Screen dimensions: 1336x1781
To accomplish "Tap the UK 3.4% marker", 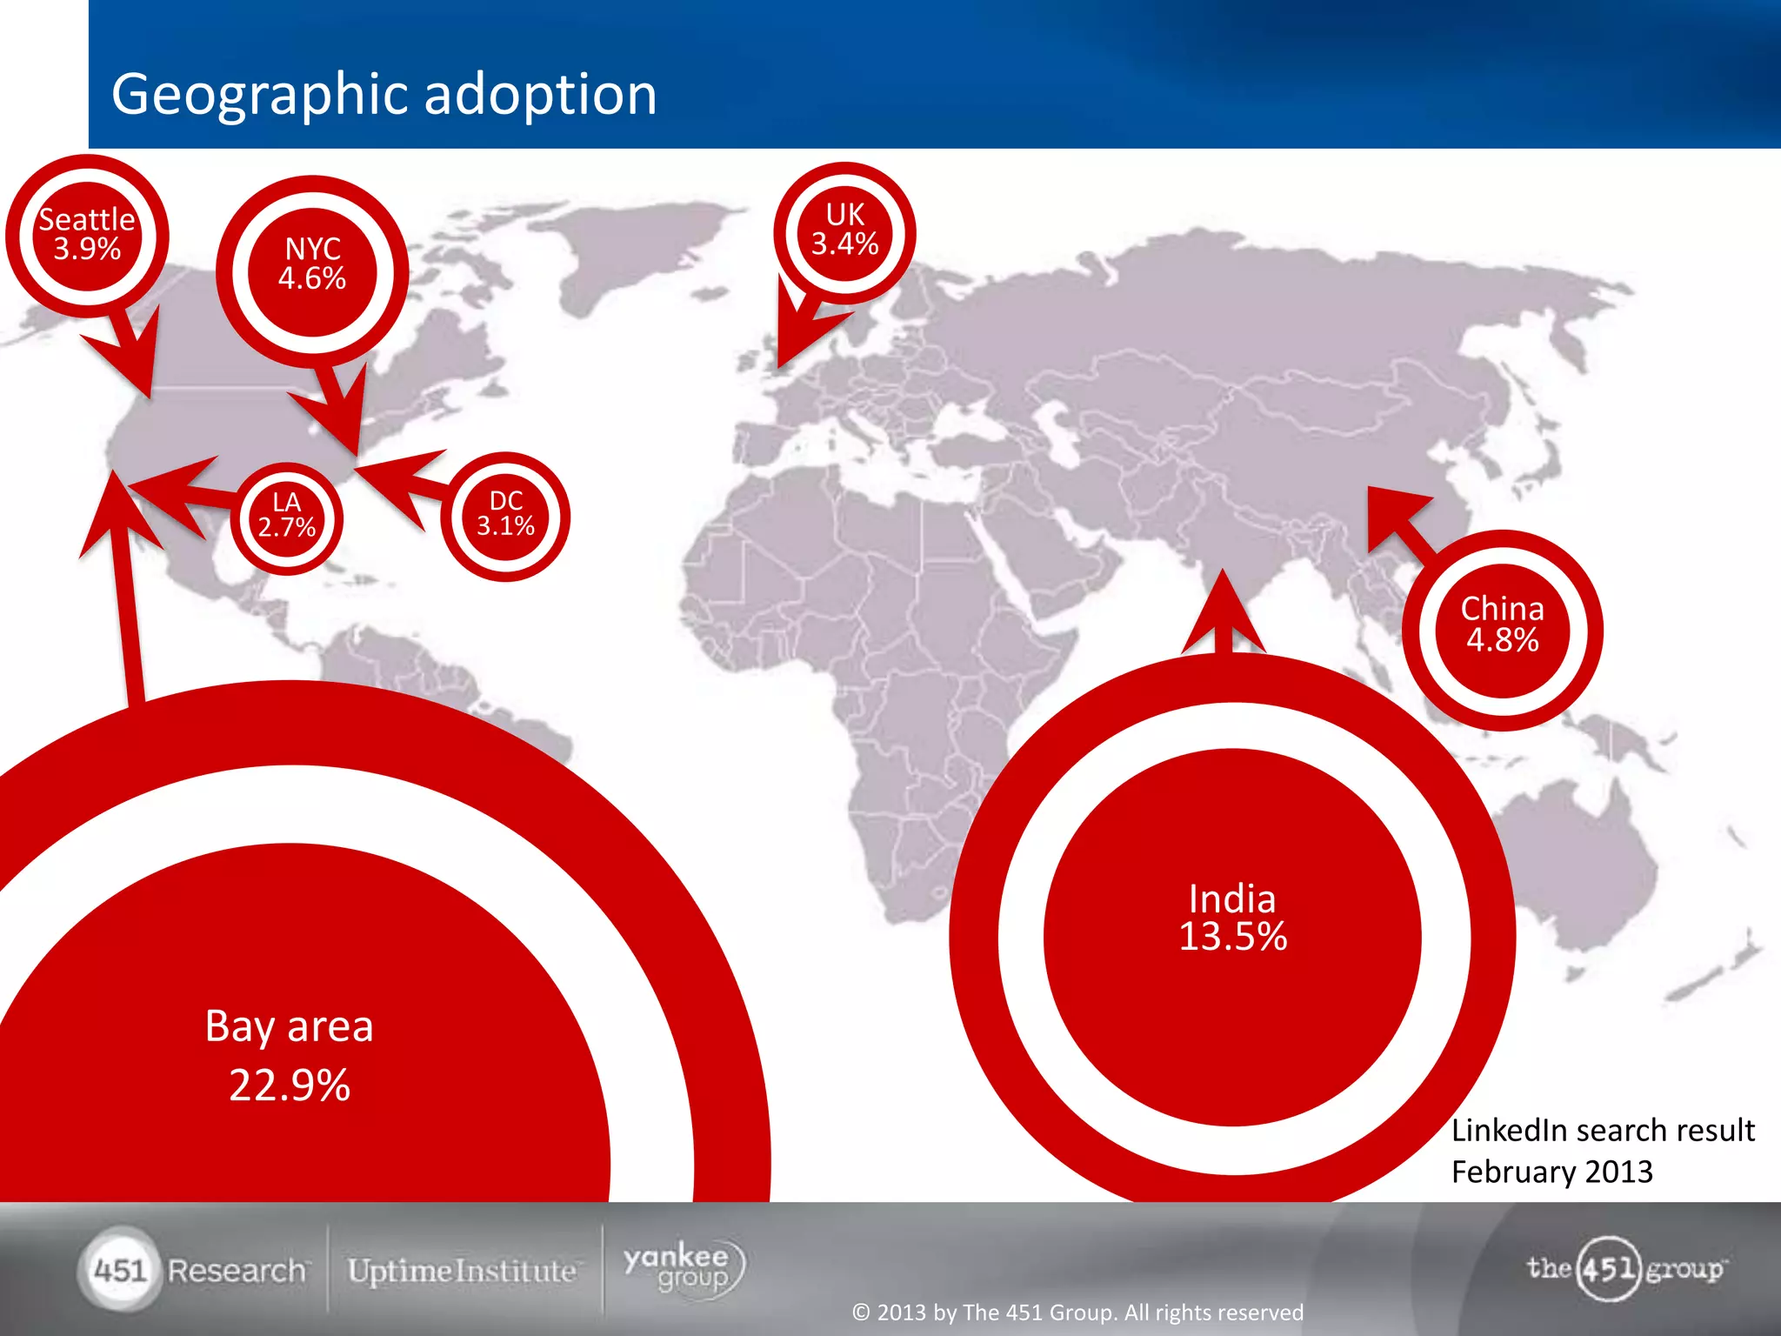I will pyautogui.click(x=844, y=230).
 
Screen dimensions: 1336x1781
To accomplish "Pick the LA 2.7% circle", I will pyautogui.click(x=286, y=516).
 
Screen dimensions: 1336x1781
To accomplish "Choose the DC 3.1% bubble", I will pyautogui.click(x=505, y=514).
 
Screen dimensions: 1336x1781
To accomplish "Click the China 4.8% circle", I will pyautogui.click(x=1502, y=625).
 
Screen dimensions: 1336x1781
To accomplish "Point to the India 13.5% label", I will pyautogui.click(x=1232, y=918).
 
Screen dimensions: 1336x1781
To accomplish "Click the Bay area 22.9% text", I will pyautogui.click(x=289, y=1054).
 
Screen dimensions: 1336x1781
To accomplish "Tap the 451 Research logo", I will pyautogui.click(x=195, y=1270).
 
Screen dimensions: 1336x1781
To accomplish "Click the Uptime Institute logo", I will pyautogui.click(x=462, y=1271).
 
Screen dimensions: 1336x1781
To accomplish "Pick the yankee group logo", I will pyautogui.click(x=684, y=1268).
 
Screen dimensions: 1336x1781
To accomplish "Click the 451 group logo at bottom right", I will pyautogui.click(x=1624, y=1268).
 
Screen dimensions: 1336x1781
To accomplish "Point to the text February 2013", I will pyautogui.click(x=1551, y=1172).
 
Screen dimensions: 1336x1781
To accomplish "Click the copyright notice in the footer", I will pyautogui.click(x=1077, y=1312).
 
